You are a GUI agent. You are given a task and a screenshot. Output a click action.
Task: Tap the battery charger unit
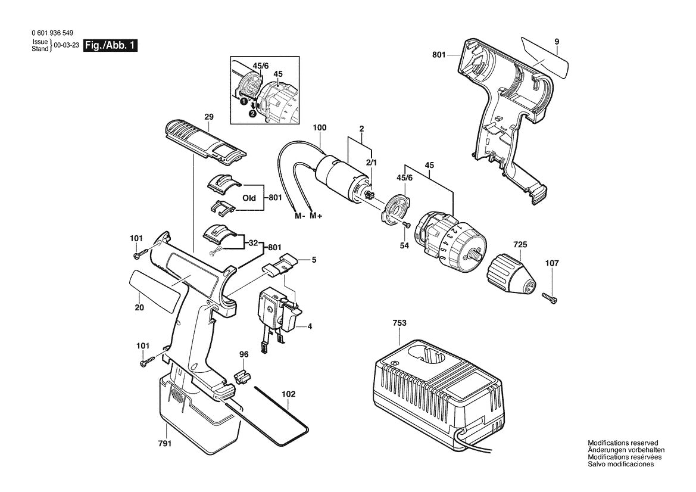430,393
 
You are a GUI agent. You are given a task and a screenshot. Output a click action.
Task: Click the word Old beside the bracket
249,198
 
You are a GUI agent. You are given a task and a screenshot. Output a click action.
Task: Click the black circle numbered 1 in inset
244,102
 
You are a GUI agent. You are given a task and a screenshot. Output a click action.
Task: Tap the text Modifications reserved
623,443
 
